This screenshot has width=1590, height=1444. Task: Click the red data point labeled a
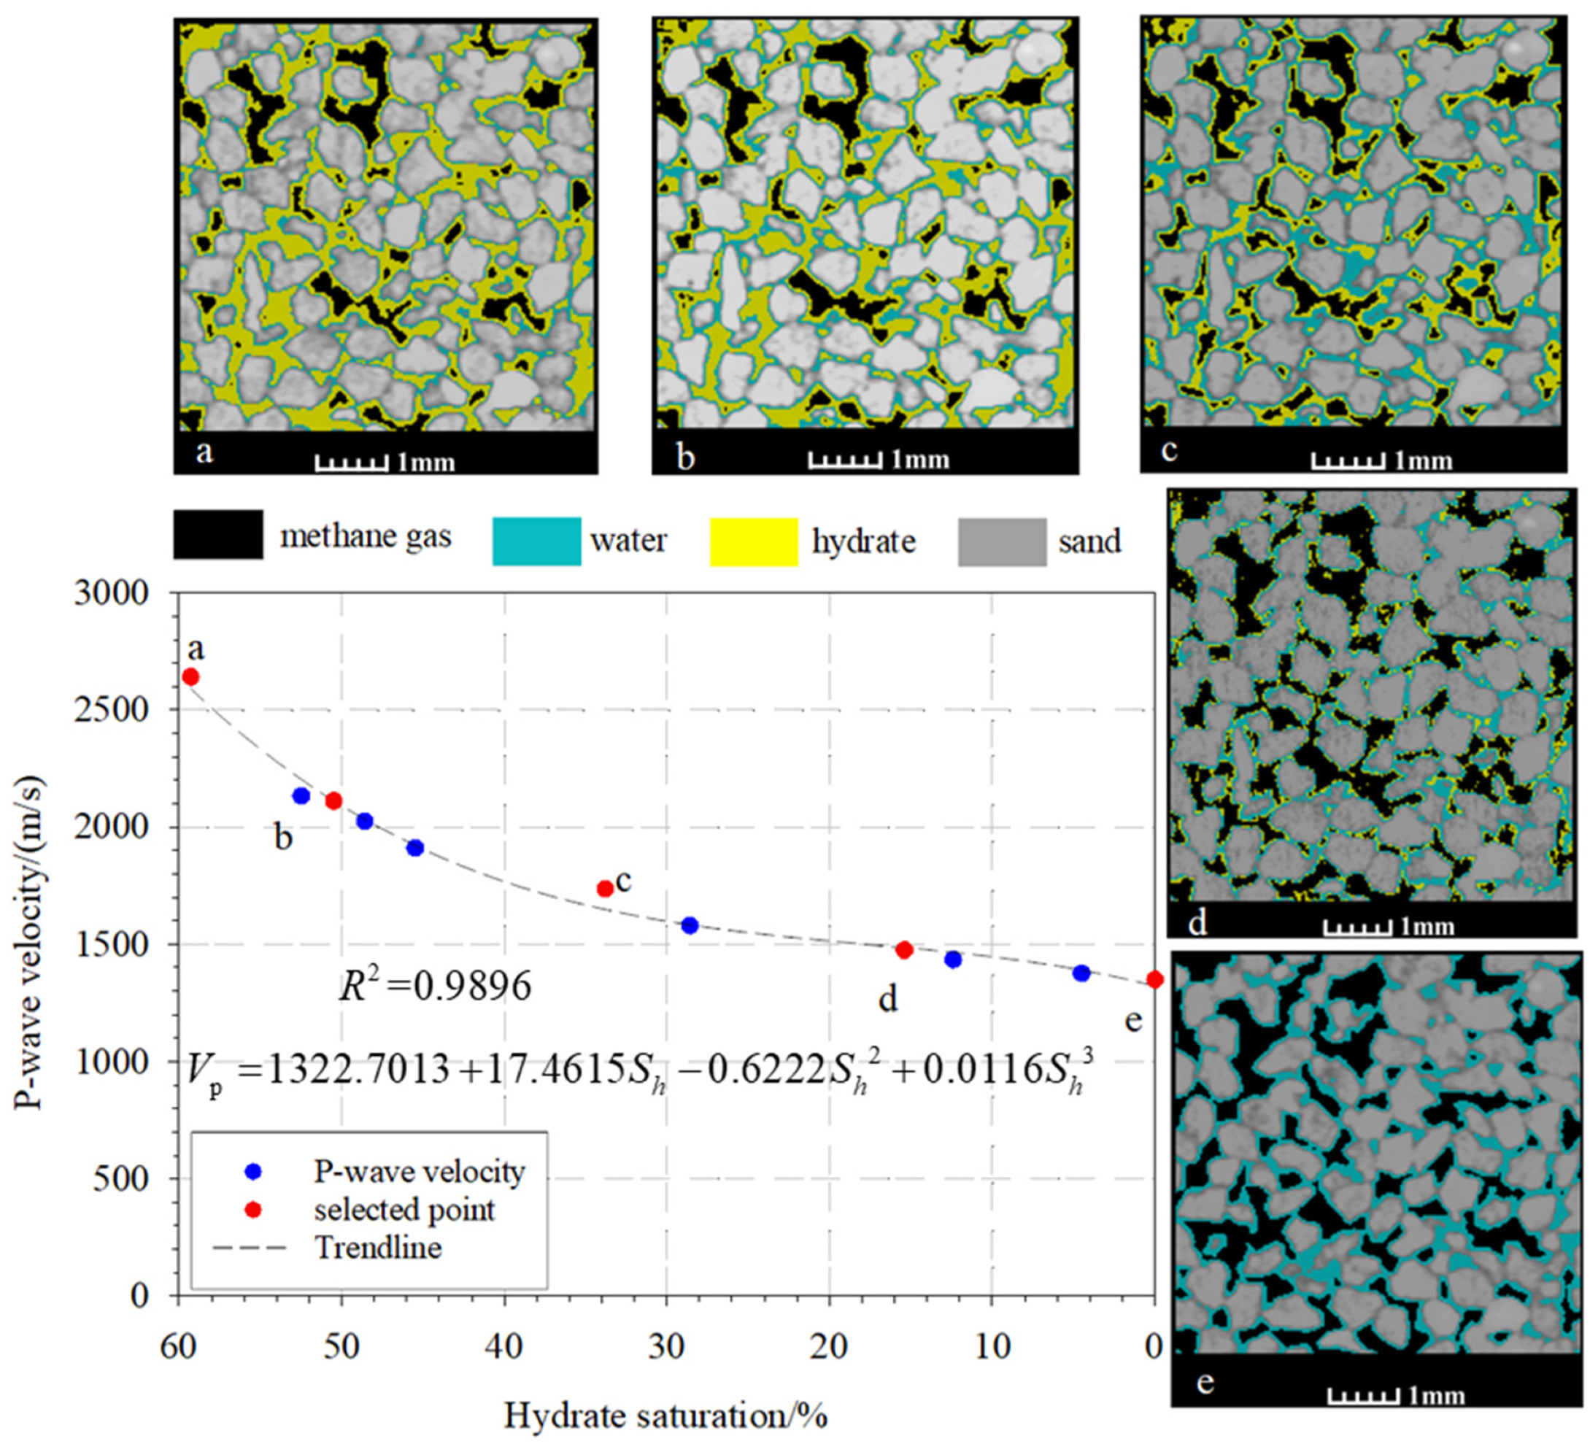[190, 676]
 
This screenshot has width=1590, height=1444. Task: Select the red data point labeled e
[1154, 979]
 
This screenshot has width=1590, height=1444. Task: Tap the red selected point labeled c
[605, 888]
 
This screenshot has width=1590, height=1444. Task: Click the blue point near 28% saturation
[690, 925]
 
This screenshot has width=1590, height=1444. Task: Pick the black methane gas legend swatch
[218, 535]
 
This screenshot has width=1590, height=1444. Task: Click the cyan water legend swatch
[536, 541]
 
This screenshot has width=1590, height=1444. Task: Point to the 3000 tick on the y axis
[111, 593]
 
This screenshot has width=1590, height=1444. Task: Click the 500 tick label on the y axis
[121, 1179]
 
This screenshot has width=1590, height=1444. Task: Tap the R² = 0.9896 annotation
[436, 987]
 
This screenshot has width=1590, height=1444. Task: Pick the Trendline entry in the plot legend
[378, 1248]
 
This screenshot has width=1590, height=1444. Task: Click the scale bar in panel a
[351, 463]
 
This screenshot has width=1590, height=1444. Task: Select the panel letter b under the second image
[686, 457]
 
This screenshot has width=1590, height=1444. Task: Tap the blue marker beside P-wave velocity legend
[253, 1173]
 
